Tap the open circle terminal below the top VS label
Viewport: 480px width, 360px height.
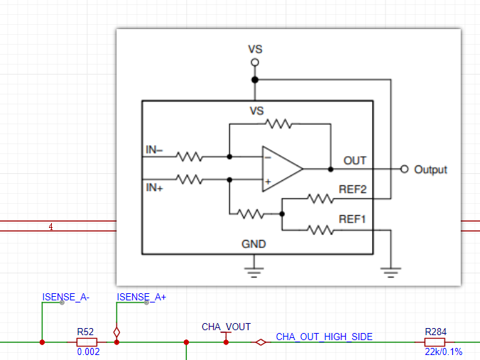tap(255, 62)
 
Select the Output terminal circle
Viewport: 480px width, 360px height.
tap(405, 169)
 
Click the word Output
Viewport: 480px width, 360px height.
tap(430, 170)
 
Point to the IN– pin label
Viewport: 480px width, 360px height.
tap(154, 150)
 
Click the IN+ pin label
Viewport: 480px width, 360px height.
tap(154, 187)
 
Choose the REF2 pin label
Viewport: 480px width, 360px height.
tap(352, 189)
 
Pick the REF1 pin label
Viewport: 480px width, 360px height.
tap(352, 219)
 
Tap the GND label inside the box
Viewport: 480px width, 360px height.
tap(253, 244)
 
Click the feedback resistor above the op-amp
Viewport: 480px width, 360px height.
tap(278, 124)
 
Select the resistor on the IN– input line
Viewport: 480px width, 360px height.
tap(189, 157)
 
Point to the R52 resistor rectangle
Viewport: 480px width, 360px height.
tap(87, 342)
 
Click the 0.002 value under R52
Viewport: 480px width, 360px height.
tap(88, 351)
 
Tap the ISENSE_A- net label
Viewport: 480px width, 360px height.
tap(66, 297)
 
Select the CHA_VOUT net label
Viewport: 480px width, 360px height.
tap(227, 327)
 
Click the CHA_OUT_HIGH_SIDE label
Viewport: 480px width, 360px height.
tap(324, 337)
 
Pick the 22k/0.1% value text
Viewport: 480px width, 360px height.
tap(443, 351)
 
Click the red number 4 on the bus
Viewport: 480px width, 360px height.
tap(51, 227)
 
